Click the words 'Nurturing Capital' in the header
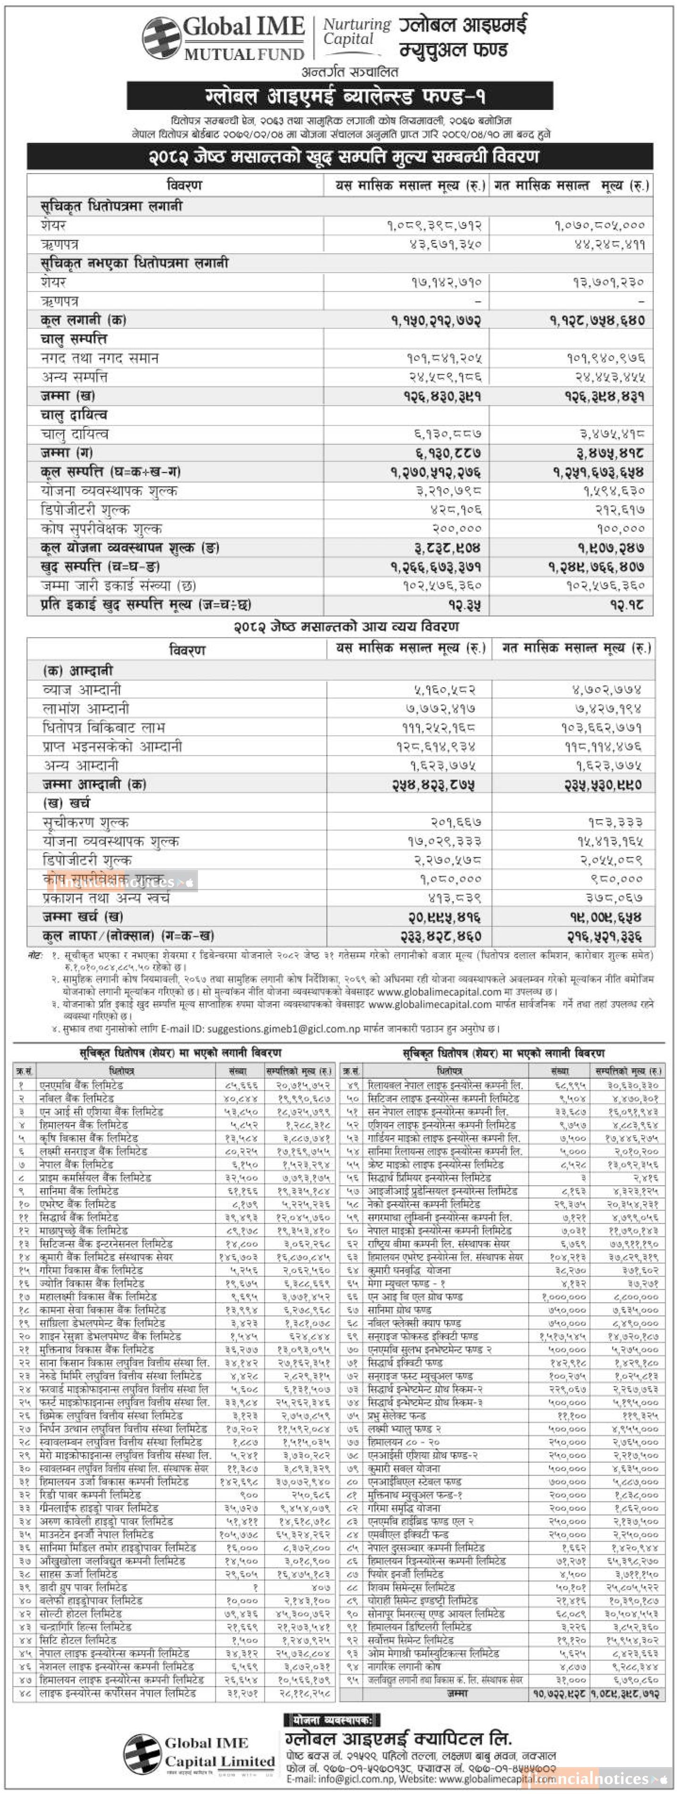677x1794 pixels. click(356, 31)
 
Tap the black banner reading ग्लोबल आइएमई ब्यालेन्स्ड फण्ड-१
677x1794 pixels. click(340, 95)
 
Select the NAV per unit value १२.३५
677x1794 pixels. click(464, 605)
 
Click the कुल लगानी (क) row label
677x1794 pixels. click(83, 320)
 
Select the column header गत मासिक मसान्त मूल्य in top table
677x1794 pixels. click(571, 185)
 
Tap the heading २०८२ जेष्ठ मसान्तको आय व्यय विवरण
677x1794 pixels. click(346, 627)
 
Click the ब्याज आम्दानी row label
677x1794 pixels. click(82, 689)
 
